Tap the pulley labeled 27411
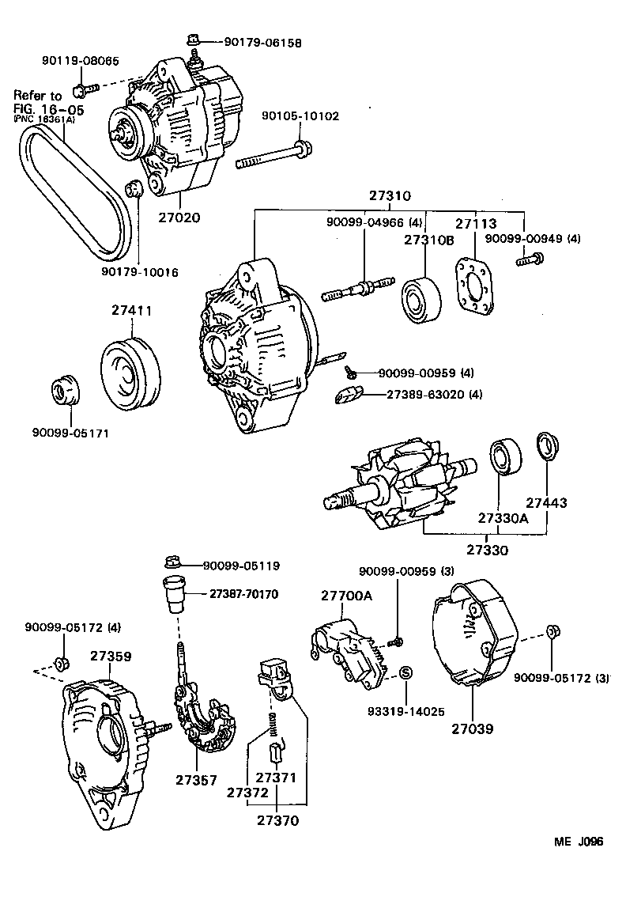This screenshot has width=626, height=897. (x=130, y=369)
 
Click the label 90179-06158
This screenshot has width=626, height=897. (x=251, y=43)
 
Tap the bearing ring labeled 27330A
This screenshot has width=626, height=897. (x=503, y=458)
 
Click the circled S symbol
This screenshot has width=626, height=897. (x=405, y=672)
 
